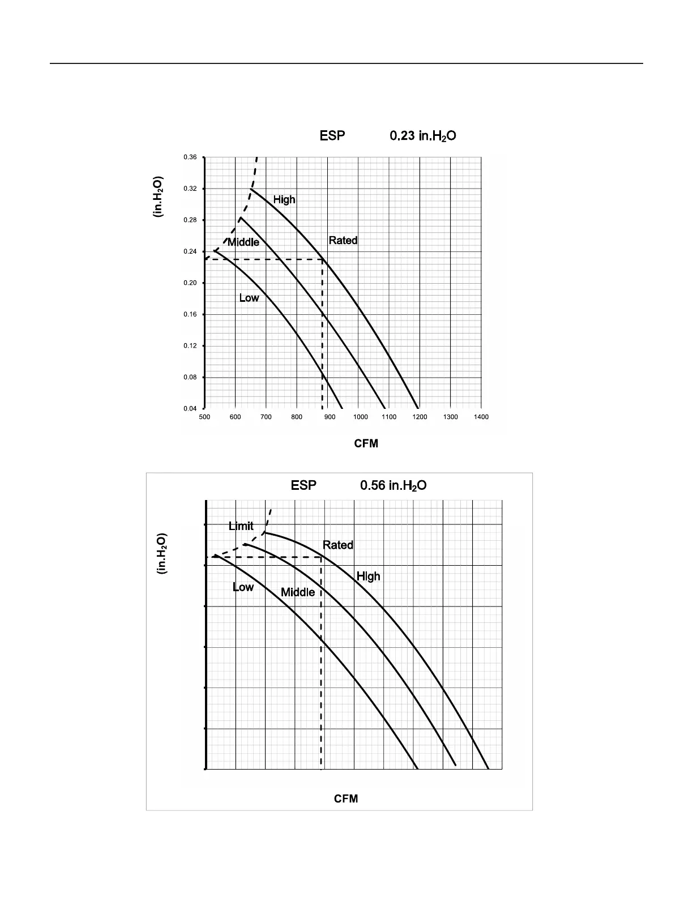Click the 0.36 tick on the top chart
[190, 157]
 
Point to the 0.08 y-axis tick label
[190, 377]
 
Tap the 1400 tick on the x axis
[481, 417]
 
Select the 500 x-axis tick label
[204, 417]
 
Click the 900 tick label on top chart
[327, 417]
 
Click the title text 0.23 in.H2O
[423, 136]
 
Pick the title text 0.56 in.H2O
[393, 486]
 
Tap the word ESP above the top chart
[332, 136]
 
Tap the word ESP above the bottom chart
[303, 486]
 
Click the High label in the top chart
[284, 199]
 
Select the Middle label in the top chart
[243, 242]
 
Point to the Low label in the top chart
[249, 298]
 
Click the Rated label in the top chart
[343, 241]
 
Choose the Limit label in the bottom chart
[241, 526]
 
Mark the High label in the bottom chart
[368, 576]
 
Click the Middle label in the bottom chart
[298, 592]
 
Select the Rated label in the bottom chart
[338, 545]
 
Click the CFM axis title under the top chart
[366, 443]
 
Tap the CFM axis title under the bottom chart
[346, 798]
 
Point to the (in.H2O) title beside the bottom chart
[161, 554]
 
